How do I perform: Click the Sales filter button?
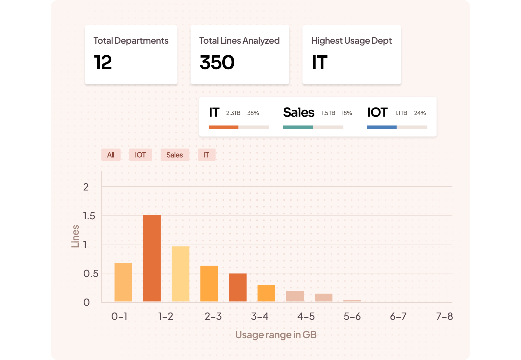click(175, 155)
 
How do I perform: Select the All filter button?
click(111, 155)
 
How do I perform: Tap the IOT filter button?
click(140, 155)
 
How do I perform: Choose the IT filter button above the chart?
click(206, 155)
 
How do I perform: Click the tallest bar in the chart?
click(152, 258)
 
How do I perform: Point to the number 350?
click(217, 62)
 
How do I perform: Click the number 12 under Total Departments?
click(103, 62)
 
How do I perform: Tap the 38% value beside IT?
click(253, 113)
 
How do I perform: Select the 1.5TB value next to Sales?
click(328, 113)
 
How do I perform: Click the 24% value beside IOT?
click(420, 113)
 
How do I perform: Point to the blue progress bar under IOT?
click(381, 127)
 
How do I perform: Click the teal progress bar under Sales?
click(298, 127)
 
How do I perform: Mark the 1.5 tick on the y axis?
click(89, 216)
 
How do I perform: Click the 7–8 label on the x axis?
click(444, 316)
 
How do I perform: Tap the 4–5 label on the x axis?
click(306, 316)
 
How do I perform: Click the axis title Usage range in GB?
click(276, 335)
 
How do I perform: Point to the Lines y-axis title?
click(75, 236)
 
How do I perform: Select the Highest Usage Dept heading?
click(351, 41)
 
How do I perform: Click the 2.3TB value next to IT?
click(233, 113)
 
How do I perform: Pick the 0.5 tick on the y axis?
click(91, 273)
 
